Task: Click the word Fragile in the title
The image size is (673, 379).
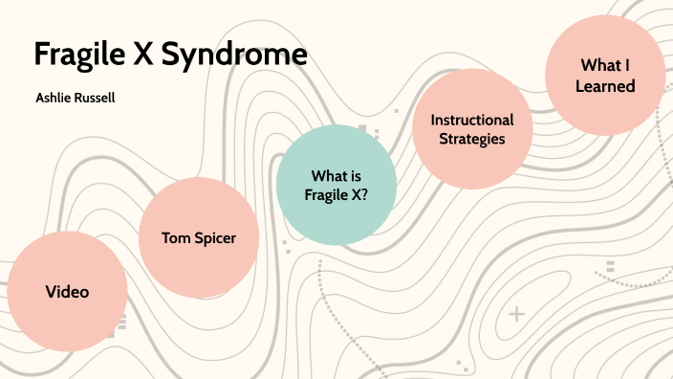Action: [79, 55]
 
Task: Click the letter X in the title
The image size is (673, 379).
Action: [143, 55]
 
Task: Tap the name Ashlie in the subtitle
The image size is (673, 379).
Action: [54, 98]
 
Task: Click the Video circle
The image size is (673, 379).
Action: [67, 292]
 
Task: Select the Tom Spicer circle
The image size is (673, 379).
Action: [199, 238]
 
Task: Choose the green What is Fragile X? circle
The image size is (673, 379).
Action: [336, 185]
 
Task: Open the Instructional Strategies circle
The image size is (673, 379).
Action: [472, 129]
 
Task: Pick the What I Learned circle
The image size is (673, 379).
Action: [605, 76]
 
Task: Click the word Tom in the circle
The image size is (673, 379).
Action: [175, 238]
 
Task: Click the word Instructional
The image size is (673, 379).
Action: [472, 120]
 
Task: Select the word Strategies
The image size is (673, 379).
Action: [472, 139]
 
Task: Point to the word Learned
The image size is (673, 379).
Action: [606, 86]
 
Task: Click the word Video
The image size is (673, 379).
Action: [67, 292]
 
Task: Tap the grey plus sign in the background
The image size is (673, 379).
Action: [517, 314]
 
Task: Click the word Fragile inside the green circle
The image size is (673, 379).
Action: [325, 194]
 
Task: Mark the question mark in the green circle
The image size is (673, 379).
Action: [365, 194]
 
